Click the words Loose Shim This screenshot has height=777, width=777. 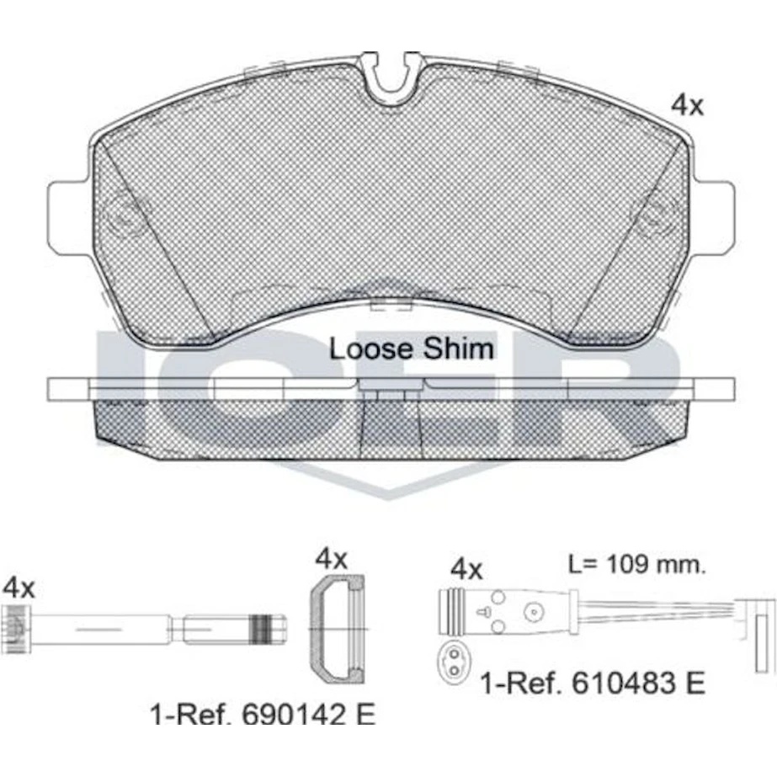[412, 349]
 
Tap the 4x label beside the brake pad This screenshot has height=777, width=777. [687, 104]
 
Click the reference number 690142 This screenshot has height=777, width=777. [293, 714]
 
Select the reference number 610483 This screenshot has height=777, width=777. [623, 683]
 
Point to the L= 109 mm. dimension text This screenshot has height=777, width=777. [636, 564]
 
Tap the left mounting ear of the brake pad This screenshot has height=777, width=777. [69, 219]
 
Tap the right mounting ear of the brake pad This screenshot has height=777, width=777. [713, 219]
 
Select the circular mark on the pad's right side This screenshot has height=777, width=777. [655, 216]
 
